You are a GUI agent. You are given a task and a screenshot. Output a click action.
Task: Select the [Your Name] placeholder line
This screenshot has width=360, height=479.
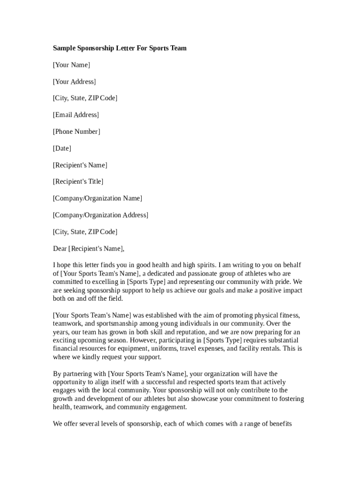[72, 65]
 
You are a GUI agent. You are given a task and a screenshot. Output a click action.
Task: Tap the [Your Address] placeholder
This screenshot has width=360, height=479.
[74, 82]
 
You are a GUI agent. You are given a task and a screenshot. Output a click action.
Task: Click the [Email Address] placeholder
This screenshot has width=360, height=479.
[76, 115]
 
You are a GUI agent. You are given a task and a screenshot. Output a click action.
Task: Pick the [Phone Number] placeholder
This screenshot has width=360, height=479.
[76, 132]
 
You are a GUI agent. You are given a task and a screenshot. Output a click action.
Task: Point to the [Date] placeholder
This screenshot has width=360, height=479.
[62, 149]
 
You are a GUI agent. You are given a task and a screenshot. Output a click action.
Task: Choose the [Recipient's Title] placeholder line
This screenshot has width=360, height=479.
[78, 181]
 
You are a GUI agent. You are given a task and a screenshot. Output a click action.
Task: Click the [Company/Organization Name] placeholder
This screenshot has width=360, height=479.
[97, 198]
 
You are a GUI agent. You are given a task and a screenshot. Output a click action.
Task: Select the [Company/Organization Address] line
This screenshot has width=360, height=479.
[101, 215]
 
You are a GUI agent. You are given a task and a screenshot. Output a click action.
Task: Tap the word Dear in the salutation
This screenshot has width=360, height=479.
[60, 249]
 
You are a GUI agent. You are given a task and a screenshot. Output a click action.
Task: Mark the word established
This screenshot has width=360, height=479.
[160, 315]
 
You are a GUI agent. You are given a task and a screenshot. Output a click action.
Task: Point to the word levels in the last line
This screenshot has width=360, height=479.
[106, 424]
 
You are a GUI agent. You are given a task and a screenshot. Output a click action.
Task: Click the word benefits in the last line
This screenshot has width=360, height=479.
[279, 424]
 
